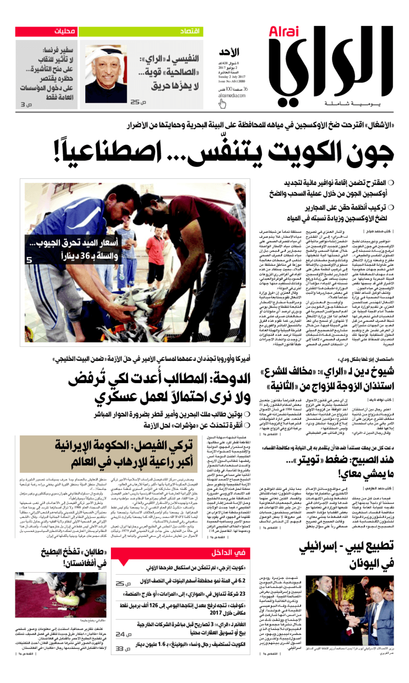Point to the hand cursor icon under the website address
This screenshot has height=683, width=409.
[x=222, y=104]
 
